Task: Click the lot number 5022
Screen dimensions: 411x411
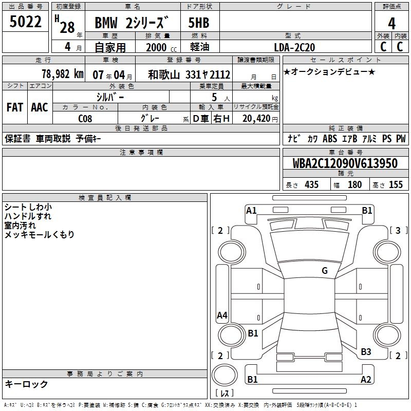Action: [x=25, y=22]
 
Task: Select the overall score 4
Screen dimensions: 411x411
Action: [x=391, y=23]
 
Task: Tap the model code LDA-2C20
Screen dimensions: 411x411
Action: [x=294, y=47]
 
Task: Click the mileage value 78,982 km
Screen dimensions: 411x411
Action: [x=63, y=74]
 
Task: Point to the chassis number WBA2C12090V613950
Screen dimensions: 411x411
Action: [x=345, y=163]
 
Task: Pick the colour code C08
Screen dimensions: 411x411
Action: [x=85, y=119]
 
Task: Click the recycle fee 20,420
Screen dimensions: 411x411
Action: [x=256, y=119]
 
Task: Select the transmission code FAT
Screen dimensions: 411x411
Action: [x=15, y=107]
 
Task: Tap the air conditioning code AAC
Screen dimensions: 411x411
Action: [x=40, y=107]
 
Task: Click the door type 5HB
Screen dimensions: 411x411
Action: [x=199, y=23]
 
